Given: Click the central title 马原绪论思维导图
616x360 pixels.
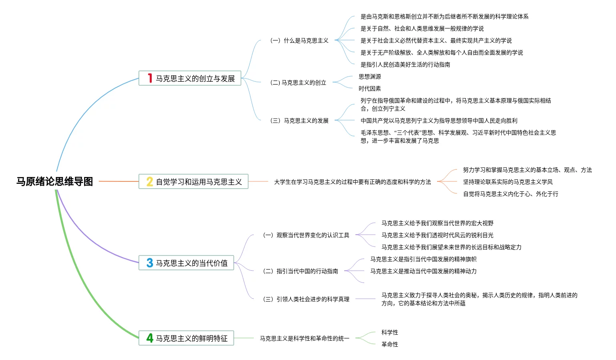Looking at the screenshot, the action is (55, 182).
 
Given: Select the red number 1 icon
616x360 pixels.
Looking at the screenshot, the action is (150, 78).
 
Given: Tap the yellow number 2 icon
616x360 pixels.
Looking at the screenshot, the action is (150, 181).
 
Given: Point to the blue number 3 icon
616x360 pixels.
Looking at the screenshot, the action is (150, 263).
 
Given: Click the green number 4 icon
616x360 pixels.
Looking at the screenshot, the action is (150, 338).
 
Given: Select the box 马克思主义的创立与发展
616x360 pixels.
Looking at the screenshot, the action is (190, 78).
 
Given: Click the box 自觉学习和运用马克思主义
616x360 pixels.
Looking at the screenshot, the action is (193, 181).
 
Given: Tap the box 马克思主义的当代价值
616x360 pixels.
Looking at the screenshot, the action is (186, 263).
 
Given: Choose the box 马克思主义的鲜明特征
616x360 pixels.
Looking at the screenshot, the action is (186, 338).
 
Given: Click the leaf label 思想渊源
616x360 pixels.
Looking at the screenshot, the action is (369, 76).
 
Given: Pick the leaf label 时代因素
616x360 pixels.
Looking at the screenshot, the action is (369, 88).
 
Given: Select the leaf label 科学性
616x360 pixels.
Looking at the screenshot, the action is (390, 332).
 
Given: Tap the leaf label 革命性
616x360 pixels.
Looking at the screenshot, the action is (390, 344).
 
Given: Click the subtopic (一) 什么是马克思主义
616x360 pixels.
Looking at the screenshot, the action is (299, 41).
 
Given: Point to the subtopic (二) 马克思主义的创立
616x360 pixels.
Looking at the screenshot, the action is (298, 82).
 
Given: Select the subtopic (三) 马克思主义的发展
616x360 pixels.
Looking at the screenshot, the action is (299, 121).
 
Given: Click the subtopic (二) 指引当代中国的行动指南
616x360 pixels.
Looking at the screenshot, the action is (300, 271).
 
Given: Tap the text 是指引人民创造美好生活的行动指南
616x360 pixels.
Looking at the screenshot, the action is (405, 65).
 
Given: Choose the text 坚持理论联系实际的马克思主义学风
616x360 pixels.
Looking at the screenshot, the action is (508, 182).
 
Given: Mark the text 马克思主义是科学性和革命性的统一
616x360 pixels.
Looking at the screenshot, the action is (305, 338).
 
